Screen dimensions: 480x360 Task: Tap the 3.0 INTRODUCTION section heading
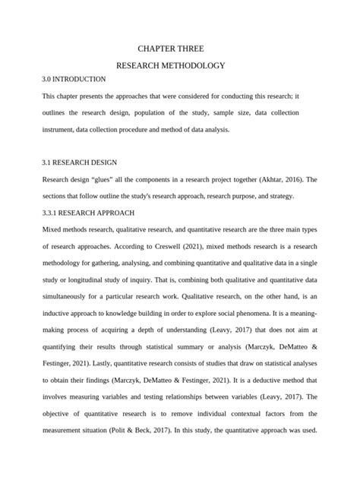pyautogui.click(x=74, y=79)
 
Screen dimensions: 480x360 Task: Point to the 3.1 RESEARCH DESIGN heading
pyautogui.click(x=79, y=163)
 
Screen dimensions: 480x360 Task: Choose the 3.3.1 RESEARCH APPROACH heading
pyautogui.click(x=88, y=212)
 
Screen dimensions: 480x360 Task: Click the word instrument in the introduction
pyautogui.click(x=60, y=129)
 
